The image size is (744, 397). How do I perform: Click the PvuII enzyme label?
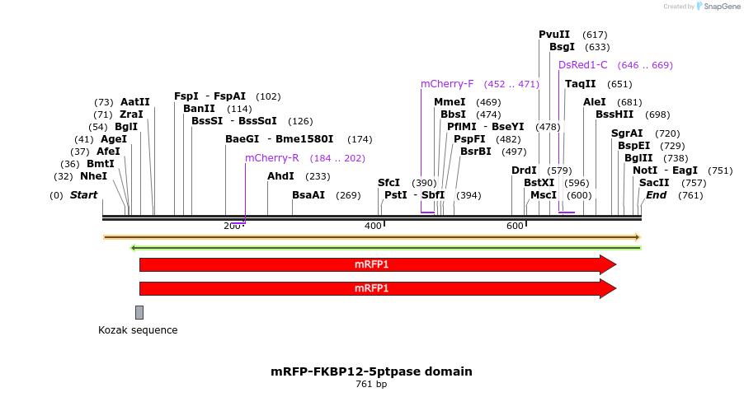[554, 35]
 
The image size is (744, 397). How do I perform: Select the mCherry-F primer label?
[447, 84]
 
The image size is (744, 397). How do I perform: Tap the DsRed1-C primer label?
[582, 65]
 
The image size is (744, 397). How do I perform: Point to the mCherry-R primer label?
[271, 158]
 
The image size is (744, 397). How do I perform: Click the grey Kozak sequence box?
[139, 312]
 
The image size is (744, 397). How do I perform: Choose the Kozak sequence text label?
[138, 330]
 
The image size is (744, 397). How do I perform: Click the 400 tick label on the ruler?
[373, 226]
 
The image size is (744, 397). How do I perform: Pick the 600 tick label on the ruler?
[515, 226]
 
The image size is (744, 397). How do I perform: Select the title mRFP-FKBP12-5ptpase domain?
[371, 371]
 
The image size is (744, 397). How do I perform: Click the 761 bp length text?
[371, 385]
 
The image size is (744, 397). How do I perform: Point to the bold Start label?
[83, 195]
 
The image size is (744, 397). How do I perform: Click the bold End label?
[656, 195]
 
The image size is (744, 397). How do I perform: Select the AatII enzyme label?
[135, 102]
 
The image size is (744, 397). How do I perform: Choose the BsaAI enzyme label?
[308, 195]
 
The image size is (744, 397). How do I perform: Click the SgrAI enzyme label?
[627, 133]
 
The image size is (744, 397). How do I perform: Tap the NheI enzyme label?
[93, 176]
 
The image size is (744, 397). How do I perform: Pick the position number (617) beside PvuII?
[595, 35]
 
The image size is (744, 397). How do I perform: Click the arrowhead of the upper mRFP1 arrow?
[608, 264]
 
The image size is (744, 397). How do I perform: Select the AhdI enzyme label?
[280, 176]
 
